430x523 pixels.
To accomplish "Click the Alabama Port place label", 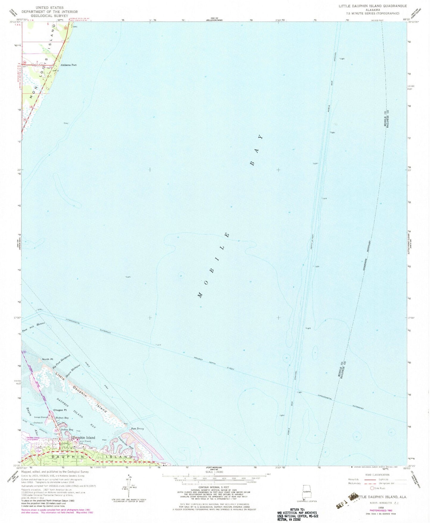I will [68, 65].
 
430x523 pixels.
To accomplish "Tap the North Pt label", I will [47, 359].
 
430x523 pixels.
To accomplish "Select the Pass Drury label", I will [137, 429].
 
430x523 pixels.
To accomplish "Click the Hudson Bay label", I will [62, 418].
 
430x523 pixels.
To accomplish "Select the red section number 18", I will [31, 107].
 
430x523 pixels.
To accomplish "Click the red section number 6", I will [48, 24].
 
